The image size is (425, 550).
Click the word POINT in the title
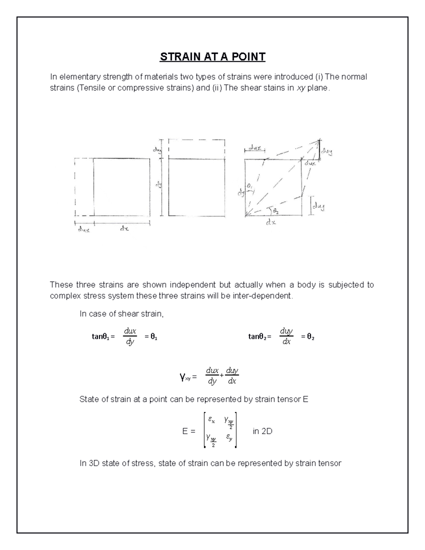click(249, 57)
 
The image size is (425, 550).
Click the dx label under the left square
click(124, 229)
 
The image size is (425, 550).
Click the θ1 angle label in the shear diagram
click(249, 186)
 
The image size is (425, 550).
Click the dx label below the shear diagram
click(271, 222)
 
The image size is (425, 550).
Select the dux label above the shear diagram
click(255, 148)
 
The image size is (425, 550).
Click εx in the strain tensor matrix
click(211, 420)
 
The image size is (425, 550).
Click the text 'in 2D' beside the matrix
click(262, 431)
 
